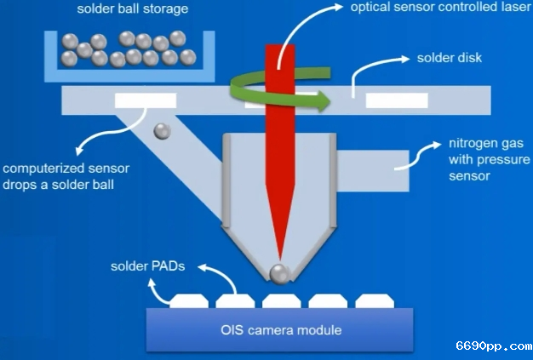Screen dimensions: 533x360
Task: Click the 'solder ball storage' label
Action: point(133,9)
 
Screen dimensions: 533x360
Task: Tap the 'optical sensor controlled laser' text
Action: point(441,7)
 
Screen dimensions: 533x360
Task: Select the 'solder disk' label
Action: point(450,58)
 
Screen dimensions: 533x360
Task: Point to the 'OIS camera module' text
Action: point(281,330)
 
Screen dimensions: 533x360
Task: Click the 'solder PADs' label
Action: point(148,266)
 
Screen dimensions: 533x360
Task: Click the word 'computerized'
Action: point(46,169)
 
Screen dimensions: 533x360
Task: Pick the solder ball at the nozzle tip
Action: point(279,273)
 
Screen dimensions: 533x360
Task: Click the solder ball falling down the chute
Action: point(162,131)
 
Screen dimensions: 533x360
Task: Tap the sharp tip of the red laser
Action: point(280,259)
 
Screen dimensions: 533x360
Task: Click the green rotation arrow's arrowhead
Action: point(324,101)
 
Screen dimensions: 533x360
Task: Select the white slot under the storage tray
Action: point(146,100)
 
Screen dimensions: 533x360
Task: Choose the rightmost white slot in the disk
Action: point(397,100)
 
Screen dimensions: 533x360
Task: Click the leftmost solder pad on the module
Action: point(189,301)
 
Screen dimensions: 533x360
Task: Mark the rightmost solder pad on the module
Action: point(375,301)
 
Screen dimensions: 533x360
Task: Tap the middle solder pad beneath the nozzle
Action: point(282,301)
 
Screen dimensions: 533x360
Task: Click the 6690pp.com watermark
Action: point(494,346)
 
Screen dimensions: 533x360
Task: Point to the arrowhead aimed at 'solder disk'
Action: point(405,59)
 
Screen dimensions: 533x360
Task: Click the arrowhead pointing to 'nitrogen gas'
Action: point(437,145)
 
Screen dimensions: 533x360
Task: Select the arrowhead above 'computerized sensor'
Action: point(79,150)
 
